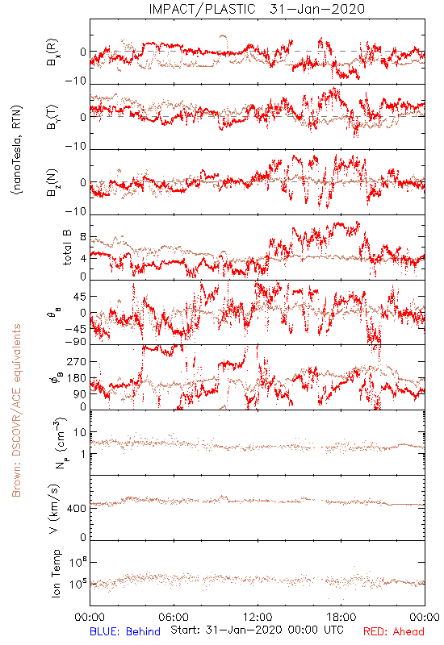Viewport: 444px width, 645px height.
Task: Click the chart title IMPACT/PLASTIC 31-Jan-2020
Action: pyautogui.click(x=257, y=9)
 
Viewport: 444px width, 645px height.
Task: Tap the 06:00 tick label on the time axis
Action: pyautogui.click(x=174, y=617)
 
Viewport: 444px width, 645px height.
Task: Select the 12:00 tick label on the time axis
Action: pyautogui.click(x=258, y=617)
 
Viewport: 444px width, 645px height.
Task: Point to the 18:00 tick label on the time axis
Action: pyautogui.click(x=341, y=617)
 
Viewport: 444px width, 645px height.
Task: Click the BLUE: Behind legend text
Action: pyautogui.click(x=125, y=631)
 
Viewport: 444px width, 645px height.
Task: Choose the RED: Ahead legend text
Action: pyautogui.click(x=393, y=631)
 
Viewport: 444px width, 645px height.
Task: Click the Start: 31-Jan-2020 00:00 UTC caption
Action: pyautogui.click(x=257, y=630)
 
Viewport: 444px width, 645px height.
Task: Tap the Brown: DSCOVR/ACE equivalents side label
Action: pyautogui.click(x=16, y=410)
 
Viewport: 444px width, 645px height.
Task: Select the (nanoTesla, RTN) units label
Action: pyautogui.click(x=17, y=150)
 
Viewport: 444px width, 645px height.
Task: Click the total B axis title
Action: pyautogui.click(x=67, y=248)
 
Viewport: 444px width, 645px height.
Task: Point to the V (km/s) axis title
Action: pyautogui.click(x=54, y=509)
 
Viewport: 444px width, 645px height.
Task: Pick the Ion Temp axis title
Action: pyautogui.click(x=56, y=573)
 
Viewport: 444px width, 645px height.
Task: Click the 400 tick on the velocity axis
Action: pyautogui.click(x=77, y=509)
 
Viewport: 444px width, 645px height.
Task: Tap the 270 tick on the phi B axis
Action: pyautogui.click(x=77, y=361)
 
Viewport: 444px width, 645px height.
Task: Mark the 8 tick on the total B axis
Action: pyautogui.click(x=83, y=237)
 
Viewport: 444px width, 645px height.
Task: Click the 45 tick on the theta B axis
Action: pyautogui.click(x=80, y=297)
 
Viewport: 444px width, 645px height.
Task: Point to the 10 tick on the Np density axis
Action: pyautogui.click(x=80, y=432)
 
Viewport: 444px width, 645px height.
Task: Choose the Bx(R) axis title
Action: pyautogui.click(x=52, y=52)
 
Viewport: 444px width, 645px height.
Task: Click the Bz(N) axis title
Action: pyautogui.click(x=52, y=182)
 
